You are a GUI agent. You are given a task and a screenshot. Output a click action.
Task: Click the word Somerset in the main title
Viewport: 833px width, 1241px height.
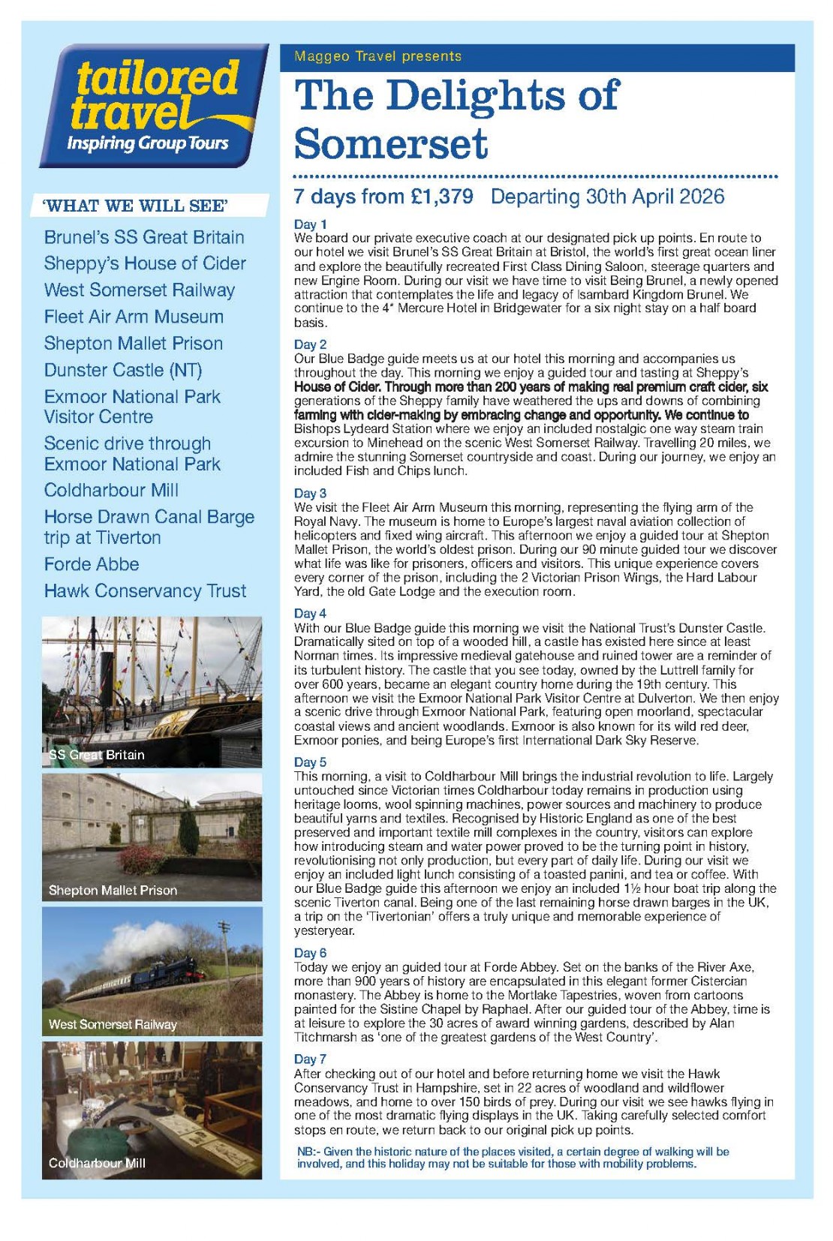pos(391,143)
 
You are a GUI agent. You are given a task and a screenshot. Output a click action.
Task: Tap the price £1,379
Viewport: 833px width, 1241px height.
pos(442,197)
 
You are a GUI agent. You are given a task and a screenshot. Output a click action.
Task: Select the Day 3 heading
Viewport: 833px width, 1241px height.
pos(310,493)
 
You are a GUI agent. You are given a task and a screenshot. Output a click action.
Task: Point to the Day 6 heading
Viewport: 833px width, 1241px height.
pos(310,953)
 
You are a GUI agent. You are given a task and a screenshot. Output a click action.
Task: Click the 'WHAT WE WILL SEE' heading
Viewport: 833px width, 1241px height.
pos(136,206)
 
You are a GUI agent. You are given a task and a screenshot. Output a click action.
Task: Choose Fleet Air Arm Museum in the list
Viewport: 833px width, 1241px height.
pos(134,317)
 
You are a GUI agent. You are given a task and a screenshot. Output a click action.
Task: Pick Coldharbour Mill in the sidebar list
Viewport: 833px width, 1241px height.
pos(111,490)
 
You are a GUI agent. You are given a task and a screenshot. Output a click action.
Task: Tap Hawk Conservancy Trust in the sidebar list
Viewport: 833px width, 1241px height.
pos(145,591)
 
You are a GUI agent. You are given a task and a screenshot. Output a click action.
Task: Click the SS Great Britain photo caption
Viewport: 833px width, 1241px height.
pos(97,755)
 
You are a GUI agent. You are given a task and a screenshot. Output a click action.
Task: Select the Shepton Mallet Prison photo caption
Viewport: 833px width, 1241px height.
pos(113,890)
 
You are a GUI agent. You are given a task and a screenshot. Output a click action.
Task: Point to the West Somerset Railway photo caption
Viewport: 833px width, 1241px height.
pos(113,1024)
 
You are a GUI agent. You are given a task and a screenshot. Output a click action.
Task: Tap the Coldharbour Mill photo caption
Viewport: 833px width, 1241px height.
pos(97,1163)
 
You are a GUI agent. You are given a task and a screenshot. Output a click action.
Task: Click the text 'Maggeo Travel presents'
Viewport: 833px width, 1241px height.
pos(377,56)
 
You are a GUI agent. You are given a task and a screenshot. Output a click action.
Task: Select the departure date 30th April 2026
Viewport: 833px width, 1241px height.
pos(607,197)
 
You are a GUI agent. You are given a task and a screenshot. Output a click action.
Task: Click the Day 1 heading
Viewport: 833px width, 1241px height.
pos(310,224)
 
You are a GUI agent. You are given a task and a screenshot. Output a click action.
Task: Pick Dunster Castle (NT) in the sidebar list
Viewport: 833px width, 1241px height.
pos(123,370)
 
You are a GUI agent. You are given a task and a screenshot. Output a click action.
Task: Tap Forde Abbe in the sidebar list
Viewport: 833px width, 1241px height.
pos(92,564)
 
